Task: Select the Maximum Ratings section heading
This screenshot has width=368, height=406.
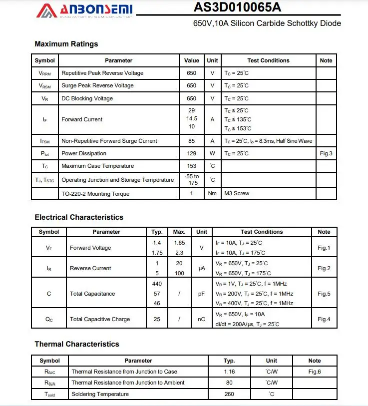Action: click(x=66, y=44)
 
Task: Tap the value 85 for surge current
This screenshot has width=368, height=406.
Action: click(x=192, y=141)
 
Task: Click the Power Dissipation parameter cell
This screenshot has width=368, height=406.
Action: click(x=84, y=153)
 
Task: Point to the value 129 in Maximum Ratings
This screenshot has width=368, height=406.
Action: click(x=192, y=153)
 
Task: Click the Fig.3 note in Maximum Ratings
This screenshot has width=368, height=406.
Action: click(x=326, y=153)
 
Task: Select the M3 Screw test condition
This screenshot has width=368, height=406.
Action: click(x=237, y=193)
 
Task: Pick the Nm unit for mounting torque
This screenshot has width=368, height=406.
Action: click(x=212, y=194)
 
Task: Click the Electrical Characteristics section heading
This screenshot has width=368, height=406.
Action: click(x=79, y=217)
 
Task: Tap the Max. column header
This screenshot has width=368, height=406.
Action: click(x=179, y=232)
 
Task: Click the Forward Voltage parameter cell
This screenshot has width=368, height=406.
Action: click(x=90, y=248)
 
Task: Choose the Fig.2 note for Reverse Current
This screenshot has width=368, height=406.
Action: click(x=324, y=268)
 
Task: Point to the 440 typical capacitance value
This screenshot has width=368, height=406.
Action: click(x=157, y=284)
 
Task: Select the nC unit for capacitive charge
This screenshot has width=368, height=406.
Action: click(x=202, y=319)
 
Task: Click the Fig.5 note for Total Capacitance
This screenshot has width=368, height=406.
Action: click(x=324, y=294)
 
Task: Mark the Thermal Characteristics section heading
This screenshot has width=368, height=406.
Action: click(x=77, y=344)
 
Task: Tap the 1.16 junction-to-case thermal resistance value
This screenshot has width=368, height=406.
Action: click(x=229, y=372)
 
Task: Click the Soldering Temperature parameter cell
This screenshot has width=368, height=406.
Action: click(x=100, y=394)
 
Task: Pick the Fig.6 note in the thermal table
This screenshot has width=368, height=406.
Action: click(x=315, y=372)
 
